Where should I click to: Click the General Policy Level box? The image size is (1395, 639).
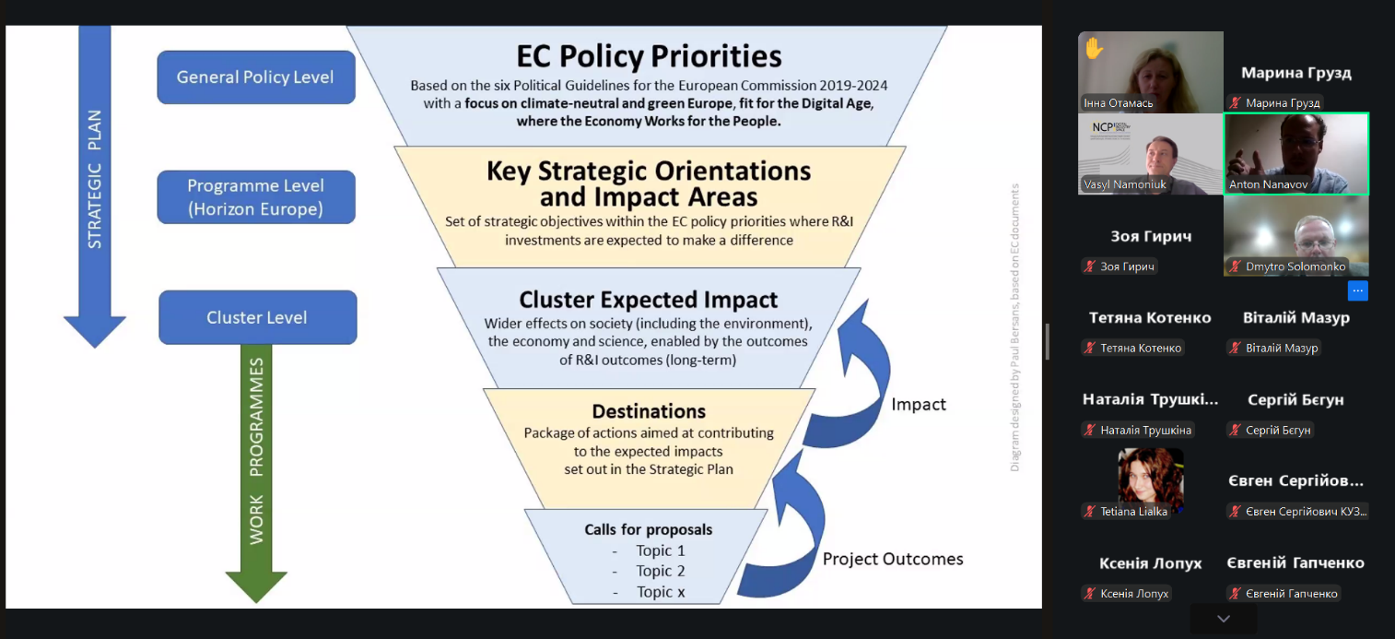point(256,77)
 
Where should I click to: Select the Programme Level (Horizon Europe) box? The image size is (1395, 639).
point(256,197)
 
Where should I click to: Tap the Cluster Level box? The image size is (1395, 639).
point(258,317)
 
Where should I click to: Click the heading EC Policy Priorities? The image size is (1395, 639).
point(649,56)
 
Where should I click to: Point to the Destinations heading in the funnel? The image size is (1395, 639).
point(649,411)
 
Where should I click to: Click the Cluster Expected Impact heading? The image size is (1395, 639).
point(649,300)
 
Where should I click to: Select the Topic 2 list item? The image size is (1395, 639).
point(660,571)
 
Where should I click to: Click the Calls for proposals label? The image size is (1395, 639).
point(649,530)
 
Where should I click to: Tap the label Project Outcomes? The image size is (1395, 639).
point(893,559)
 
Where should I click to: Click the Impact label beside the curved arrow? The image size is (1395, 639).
point(919,405)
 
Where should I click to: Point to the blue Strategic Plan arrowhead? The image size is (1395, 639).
point(95,330)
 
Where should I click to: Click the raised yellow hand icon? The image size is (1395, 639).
point(1095,48)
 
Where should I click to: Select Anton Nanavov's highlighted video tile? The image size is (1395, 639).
point(1296,154)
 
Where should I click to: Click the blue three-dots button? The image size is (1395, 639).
point(1357,291)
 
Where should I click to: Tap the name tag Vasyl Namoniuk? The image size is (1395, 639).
point(1125,184)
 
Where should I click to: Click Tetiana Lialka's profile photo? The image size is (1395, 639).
point(1150,478)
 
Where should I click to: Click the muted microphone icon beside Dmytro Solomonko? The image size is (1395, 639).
point(1236,266)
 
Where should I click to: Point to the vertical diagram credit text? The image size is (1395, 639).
point(1014,327)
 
